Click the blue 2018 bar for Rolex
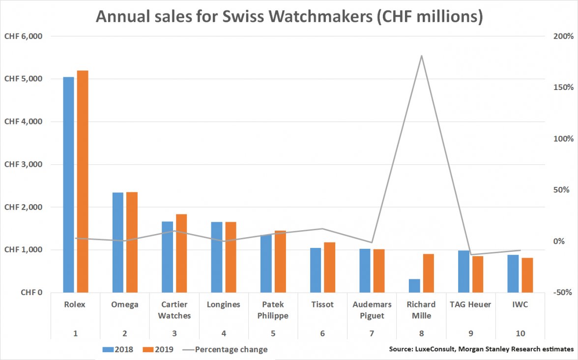pyautogui.click(x=68, y=184)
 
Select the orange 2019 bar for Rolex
pyautogui.click(x=82, y=181)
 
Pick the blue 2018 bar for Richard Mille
pyautogui.click(x=414, y=286)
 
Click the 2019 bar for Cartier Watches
pyautogui.click(x=181, y=253)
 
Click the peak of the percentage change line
pyautogui.click(x=422, y=56)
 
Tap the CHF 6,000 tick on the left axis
pyautogui.click(x=23, y=36)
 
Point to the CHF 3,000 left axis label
pyautogui.click(x=23, y=164)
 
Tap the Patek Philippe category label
pyautogui.click(x=273, y=310)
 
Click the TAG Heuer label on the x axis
pyautogui.click(x=470, y=304)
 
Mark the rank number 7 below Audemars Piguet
pyautogui.click(x=372, y=333)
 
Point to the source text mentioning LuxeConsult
pyautogui.click(x=481, y=349)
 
